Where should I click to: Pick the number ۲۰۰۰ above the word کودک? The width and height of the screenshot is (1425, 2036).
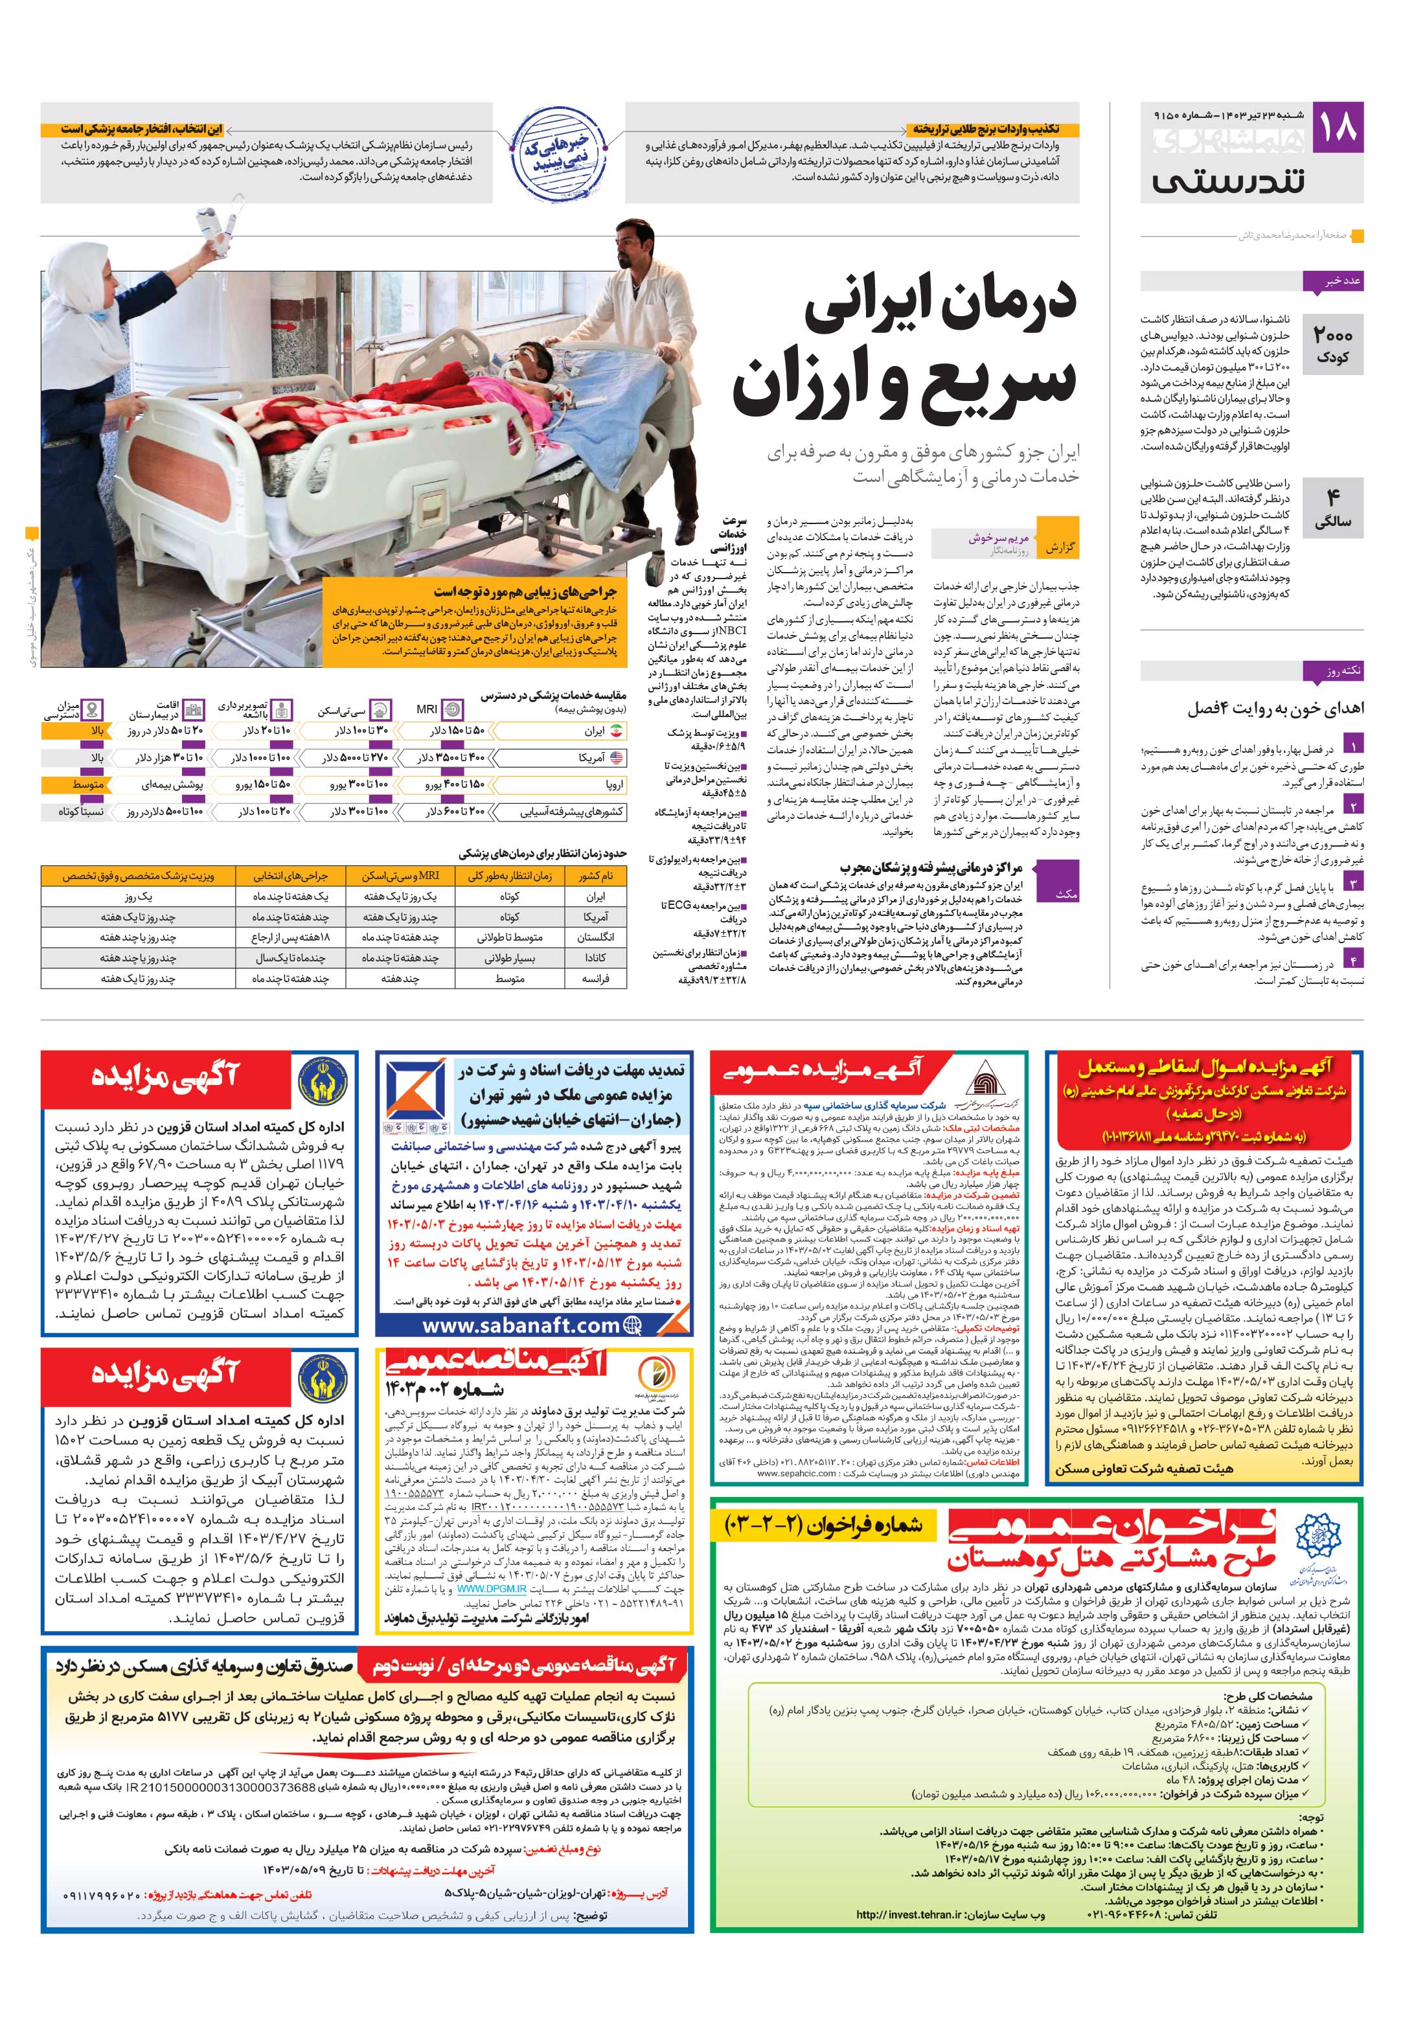click(1333, 336)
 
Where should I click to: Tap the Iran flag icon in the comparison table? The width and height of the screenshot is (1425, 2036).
click(617, 731)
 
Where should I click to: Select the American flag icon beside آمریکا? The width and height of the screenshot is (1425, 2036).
click(617, 757)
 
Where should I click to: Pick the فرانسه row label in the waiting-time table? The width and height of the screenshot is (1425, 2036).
click(594, 979)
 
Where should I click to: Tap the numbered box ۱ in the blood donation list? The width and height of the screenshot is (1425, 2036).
click(1353, 744)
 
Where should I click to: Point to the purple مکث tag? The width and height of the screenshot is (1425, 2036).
click(1067, 894)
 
